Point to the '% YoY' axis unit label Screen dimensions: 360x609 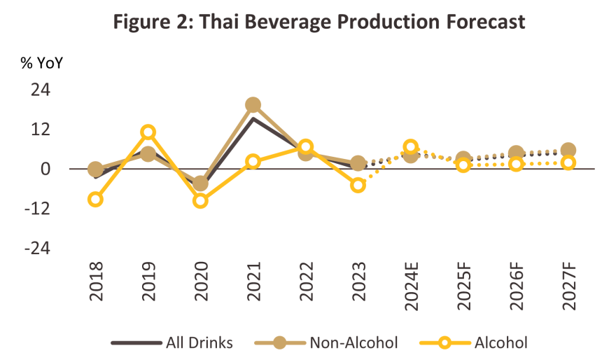tap(41, 62)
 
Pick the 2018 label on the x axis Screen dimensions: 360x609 tap(96, 282)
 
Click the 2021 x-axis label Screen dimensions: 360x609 tap(253, 282)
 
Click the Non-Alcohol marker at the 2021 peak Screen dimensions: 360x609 tap(253, 105)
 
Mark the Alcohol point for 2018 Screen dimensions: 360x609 tap(96, 200)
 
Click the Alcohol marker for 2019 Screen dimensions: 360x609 tap(148, 132)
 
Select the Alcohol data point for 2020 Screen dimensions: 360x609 tap(201, 201)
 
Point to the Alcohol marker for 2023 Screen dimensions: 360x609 tap(358, 185)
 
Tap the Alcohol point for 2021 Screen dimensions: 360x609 tap(253, 162)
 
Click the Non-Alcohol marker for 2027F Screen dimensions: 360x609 tap(568, 151)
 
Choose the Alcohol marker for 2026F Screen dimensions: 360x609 tap(516, 164)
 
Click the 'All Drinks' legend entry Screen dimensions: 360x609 tap(172, 342)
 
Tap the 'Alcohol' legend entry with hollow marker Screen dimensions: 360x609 tap(500, 342)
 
